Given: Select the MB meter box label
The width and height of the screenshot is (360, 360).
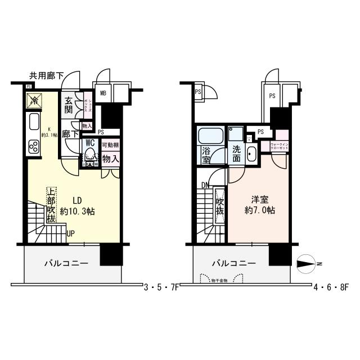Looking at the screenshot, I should pyautogui.click(x=103, y=93).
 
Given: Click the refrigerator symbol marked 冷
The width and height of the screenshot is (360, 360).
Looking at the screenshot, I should pyautogui.click(x=34, y=102).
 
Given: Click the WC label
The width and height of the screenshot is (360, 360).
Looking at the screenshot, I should pyautogui.click(x=89, y=143).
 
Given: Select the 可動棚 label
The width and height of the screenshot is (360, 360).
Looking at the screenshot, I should pyautogui.click(x=110, y=145).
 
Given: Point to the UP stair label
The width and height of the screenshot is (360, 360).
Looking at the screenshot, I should pyautogui.click(x=71, y=233).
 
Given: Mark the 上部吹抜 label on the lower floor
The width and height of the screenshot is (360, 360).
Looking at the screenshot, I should pyautogui.click(x=51, y=205).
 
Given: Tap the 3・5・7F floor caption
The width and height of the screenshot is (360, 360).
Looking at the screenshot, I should pyautogui.click(x=162, y=286).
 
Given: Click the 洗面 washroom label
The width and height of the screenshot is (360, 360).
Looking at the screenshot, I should pyautogui.click(x=236, y=154).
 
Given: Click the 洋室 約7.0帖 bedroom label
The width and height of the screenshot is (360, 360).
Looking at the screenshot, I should pyautogui.click(x=259, y=205).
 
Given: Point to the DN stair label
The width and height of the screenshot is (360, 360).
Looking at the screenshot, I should pyautogui.click(x=205, y=185).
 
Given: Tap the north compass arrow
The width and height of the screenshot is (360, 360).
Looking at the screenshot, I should pyautogui.click(x=307, y=263).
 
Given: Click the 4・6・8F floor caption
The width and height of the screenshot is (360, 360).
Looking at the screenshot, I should pyautogui.click(x=333, y=286).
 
